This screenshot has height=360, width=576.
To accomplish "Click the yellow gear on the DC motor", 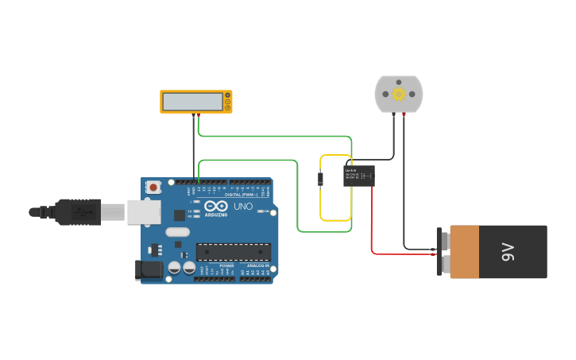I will point(399,94).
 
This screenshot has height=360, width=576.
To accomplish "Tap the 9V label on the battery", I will point(508,252).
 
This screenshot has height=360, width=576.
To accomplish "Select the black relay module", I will point(359,176).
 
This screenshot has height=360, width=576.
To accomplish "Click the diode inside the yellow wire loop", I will point(320,179).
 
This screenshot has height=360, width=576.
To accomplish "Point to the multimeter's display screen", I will point(192,101).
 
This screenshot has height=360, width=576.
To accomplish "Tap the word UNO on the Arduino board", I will point(243,207).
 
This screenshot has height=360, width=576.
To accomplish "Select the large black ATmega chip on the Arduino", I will point(234,252).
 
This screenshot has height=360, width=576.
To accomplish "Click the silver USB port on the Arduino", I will point(143,211).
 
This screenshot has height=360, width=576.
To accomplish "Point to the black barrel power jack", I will point(149,270).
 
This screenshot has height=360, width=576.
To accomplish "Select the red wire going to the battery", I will point(372,230).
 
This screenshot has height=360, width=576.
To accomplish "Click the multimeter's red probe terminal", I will point(199,116).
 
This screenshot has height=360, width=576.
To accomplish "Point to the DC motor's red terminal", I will point(404,115).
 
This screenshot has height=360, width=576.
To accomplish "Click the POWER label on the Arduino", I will point(226,265).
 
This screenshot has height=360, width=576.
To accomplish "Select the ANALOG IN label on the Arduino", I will point(257,265).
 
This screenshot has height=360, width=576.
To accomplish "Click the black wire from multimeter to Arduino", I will point(193,151).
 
